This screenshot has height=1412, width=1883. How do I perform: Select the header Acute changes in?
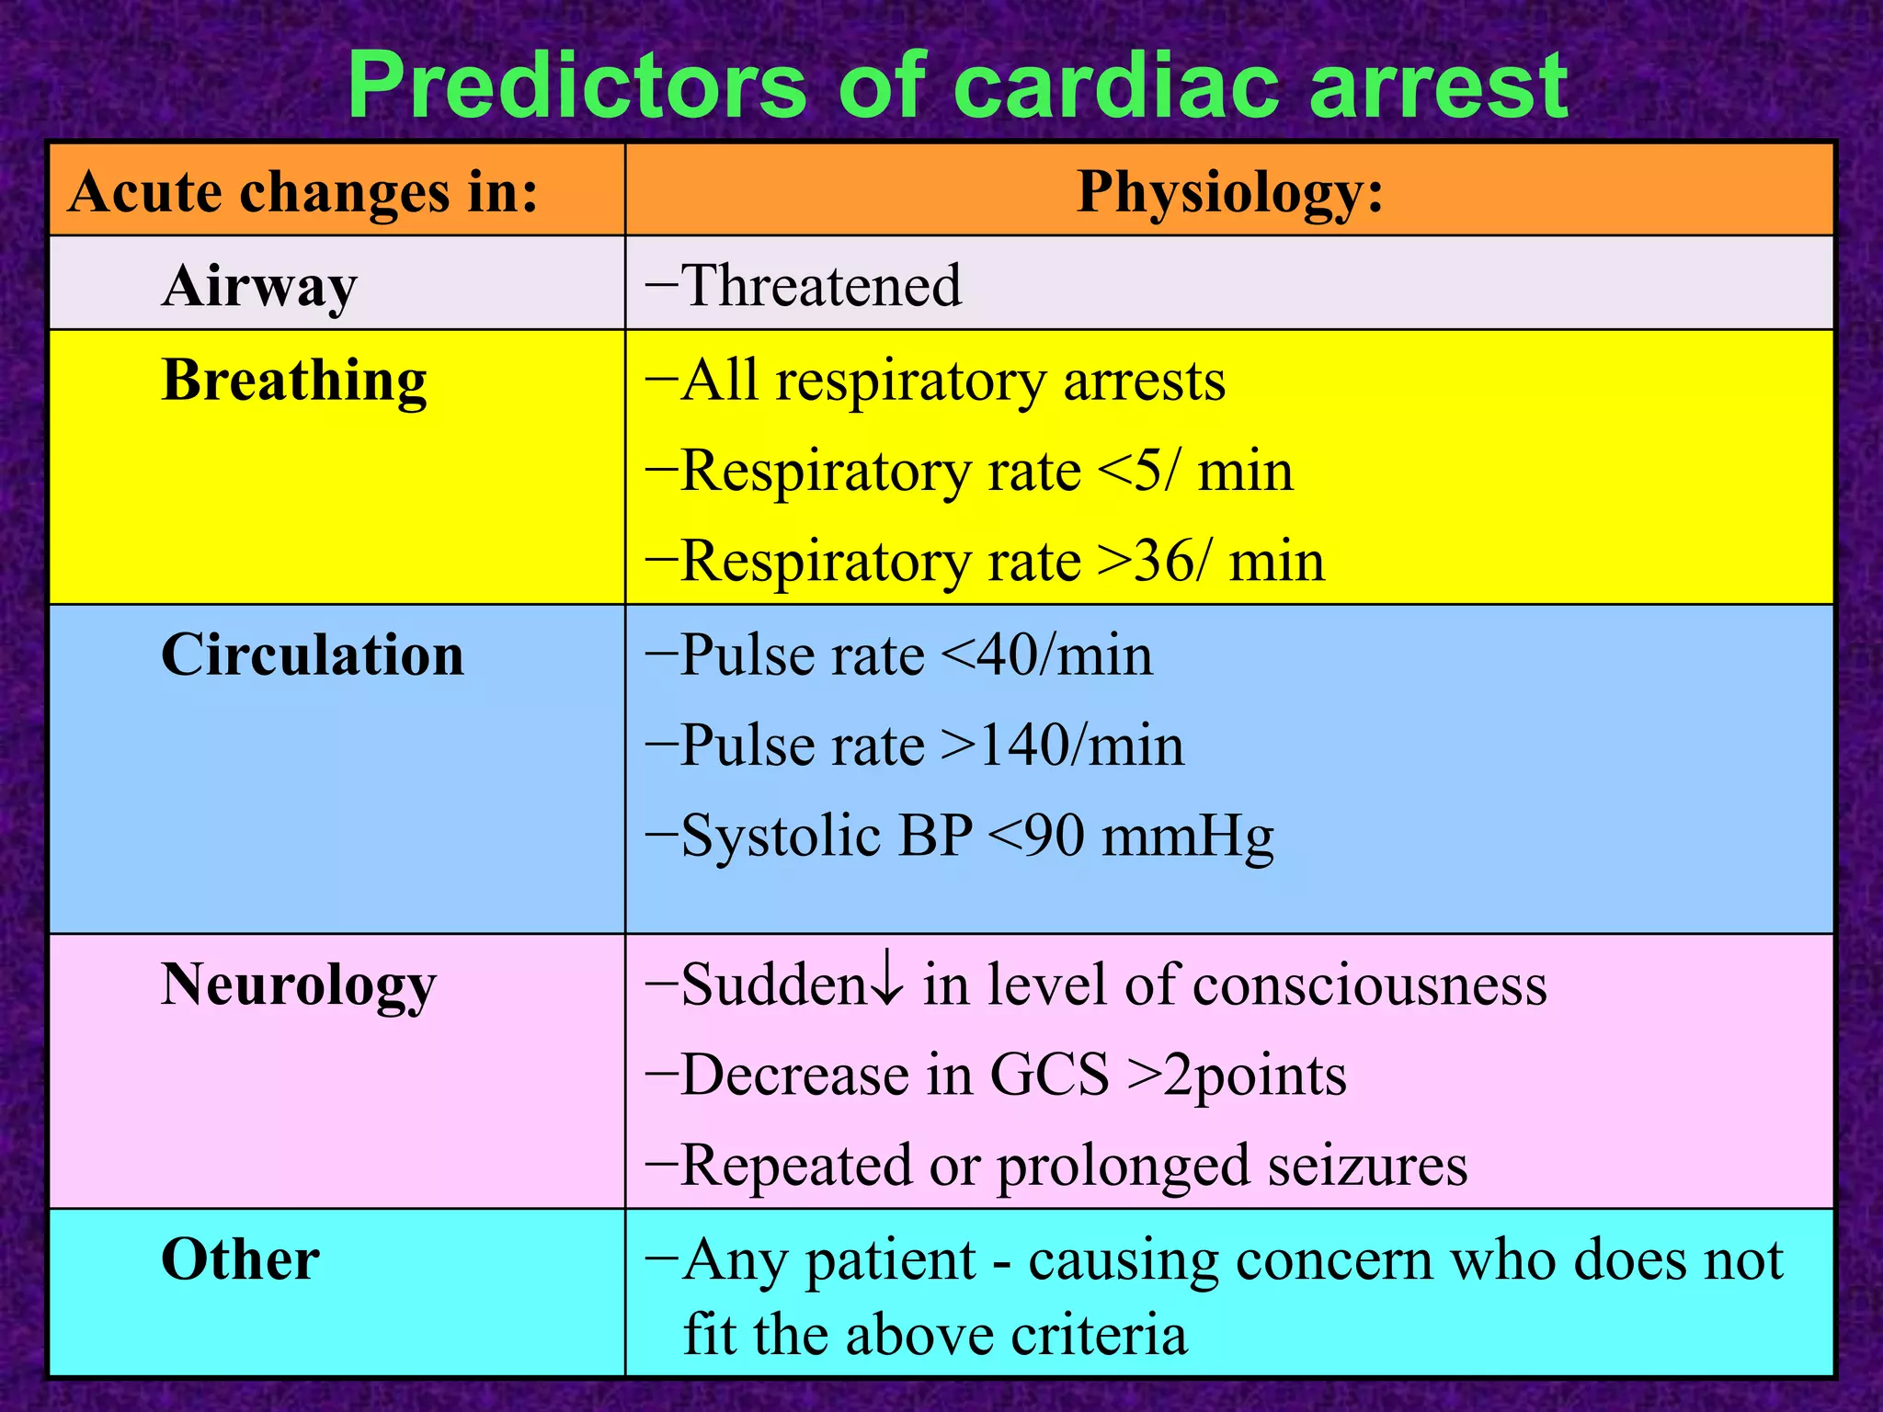303,193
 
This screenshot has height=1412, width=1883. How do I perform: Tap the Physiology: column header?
1229,193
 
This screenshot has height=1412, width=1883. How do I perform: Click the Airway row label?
259,287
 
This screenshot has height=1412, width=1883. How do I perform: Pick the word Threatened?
821,286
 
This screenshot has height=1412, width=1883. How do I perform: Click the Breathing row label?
294,381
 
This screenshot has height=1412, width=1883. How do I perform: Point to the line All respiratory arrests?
952,381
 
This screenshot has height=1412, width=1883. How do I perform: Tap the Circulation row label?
313,655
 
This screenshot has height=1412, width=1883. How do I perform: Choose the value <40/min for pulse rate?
1047,656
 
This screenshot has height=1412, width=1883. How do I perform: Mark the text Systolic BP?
827,836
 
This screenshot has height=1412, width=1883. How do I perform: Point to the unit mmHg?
1187,837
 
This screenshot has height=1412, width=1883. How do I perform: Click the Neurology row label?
298,985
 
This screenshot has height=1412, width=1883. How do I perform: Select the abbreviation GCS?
1049,1076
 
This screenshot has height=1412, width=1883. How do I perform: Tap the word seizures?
1367,1166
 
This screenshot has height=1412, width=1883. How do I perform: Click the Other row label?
240,1260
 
